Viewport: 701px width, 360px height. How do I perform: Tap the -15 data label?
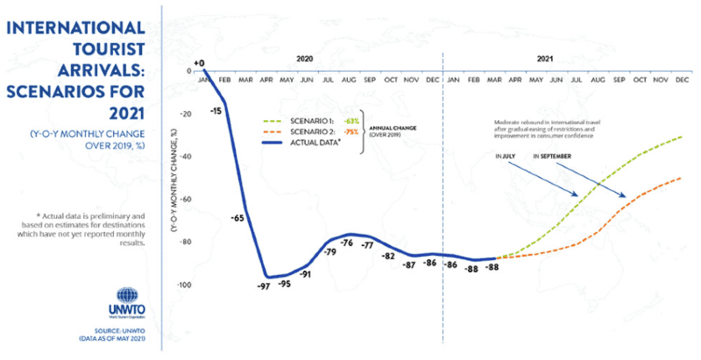(x=215, y=111)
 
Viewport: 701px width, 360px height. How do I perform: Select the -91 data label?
(x=306, y=274)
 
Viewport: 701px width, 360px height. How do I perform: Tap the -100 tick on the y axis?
(x=183, y=286)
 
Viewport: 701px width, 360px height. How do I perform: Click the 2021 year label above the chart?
(x=543, y=58)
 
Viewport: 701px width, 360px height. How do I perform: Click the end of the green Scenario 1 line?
(x=683, y=137)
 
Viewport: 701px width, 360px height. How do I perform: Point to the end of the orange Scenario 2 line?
(x=683, y=178)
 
